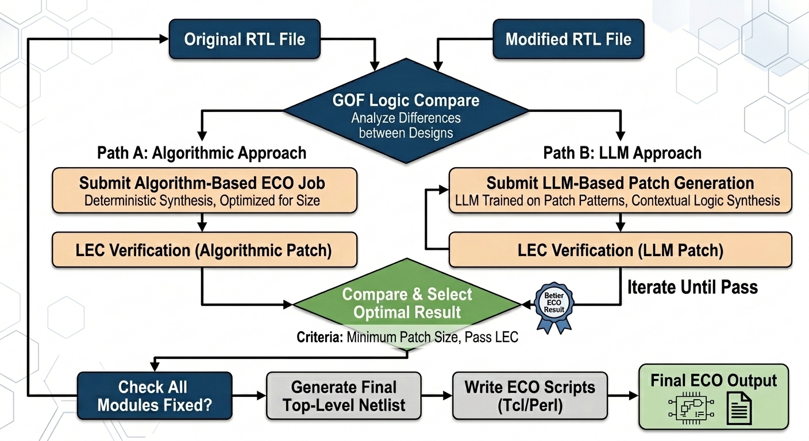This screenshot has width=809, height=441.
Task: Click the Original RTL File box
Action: tap(244, 40)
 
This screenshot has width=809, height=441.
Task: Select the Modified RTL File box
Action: tap(568, 40)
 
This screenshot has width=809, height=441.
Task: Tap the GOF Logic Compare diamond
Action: tap(406, 115)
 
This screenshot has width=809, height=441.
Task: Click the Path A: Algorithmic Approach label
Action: tap(202, 153)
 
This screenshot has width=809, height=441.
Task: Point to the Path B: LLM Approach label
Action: tap(622, 153)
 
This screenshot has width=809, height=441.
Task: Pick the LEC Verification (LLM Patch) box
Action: tap(619, 250)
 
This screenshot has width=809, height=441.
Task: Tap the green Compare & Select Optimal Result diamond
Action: tap(407, 303)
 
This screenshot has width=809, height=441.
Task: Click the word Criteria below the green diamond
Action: tap(319, 337)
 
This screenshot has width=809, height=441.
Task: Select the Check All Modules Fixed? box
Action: tap(155, 396)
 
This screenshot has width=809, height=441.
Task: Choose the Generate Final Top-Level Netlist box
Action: tap(344, 396)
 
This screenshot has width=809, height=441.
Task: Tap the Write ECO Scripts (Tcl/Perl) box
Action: tap(530, 396)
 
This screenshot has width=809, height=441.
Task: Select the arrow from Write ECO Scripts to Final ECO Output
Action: tap(622, 396)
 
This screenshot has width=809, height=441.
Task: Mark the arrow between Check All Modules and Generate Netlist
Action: tap(249, 396)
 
